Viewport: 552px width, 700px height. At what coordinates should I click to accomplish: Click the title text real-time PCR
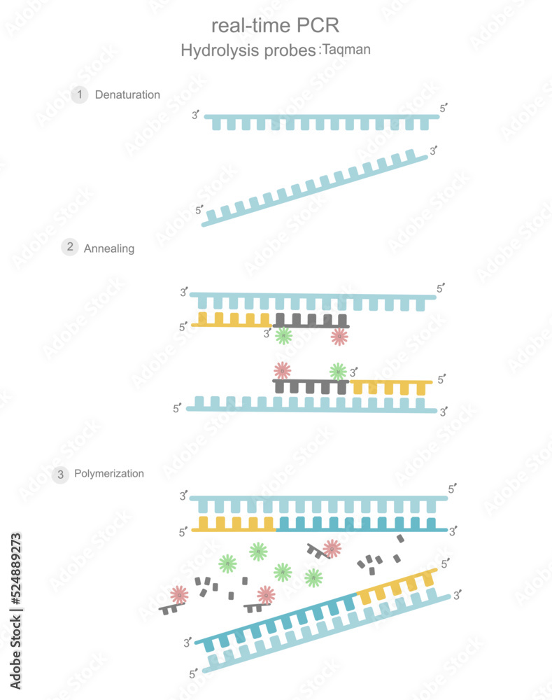(x=275, y=26)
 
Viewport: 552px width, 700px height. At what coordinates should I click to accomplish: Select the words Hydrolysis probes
(x=248, y=51)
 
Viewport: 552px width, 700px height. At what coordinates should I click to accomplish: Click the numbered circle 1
(x=80, y=94)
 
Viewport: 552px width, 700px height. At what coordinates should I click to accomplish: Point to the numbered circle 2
(x=70, y=246)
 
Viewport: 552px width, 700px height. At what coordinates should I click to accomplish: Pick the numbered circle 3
(x=61, y=475)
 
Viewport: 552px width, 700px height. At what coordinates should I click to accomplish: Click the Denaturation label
(x=127, y=94)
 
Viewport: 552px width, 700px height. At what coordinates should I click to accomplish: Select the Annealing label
(x=109, y=248)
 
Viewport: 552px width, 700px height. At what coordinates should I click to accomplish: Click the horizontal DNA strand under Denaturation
(x=322, y=120)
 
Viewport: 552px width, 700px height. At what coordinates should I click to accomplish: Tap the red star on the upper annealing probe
(x=339, y=337)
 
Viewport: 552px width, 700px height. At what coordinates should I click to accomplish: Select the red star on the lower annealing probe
(x=282, y=370)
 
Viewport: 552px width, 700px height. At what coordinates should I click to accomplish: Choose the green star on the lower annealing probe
(x=338, y=370)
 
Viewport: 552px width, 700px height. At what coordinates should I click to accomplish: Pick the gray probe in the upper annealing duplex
(x=311, y=321)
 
